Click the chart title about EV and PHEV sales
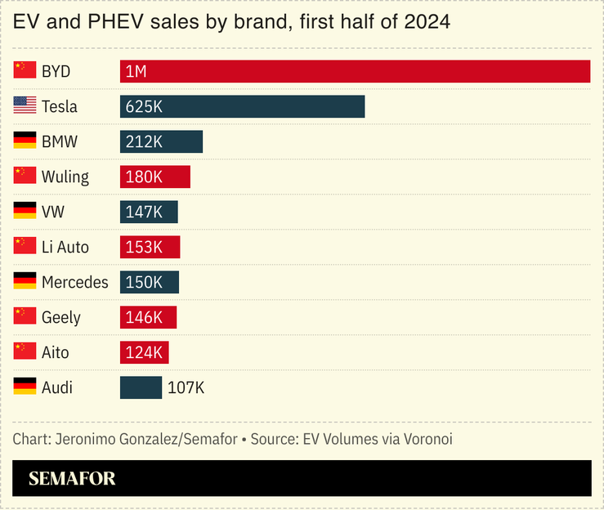pos(231,22)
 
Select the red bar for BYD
pos(355,71)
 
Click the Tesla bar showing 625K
pos(242,106)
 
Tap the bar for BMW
pos(161,141)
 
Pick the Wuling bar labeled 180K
pos(154,177)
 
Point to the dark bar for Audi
pos(141,387)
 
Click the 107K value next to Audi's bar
pos(186,387)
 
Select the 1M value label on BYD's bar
pos(136,71)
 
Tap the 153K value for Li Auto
pos(145,247)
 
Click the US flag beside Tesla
pos(25,105)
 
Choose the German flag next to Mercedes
pos(25,281)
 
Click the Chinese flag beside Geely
pos(25,316)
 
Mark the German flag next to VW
pos(25,211)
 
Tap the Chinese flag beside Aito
pos(25,351)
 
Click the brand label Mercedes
pos(74,282)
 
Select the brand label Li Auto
pos(65,247)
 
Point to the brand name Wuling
pos(65,177)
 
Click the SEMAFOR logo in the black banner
pos(72,479)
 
